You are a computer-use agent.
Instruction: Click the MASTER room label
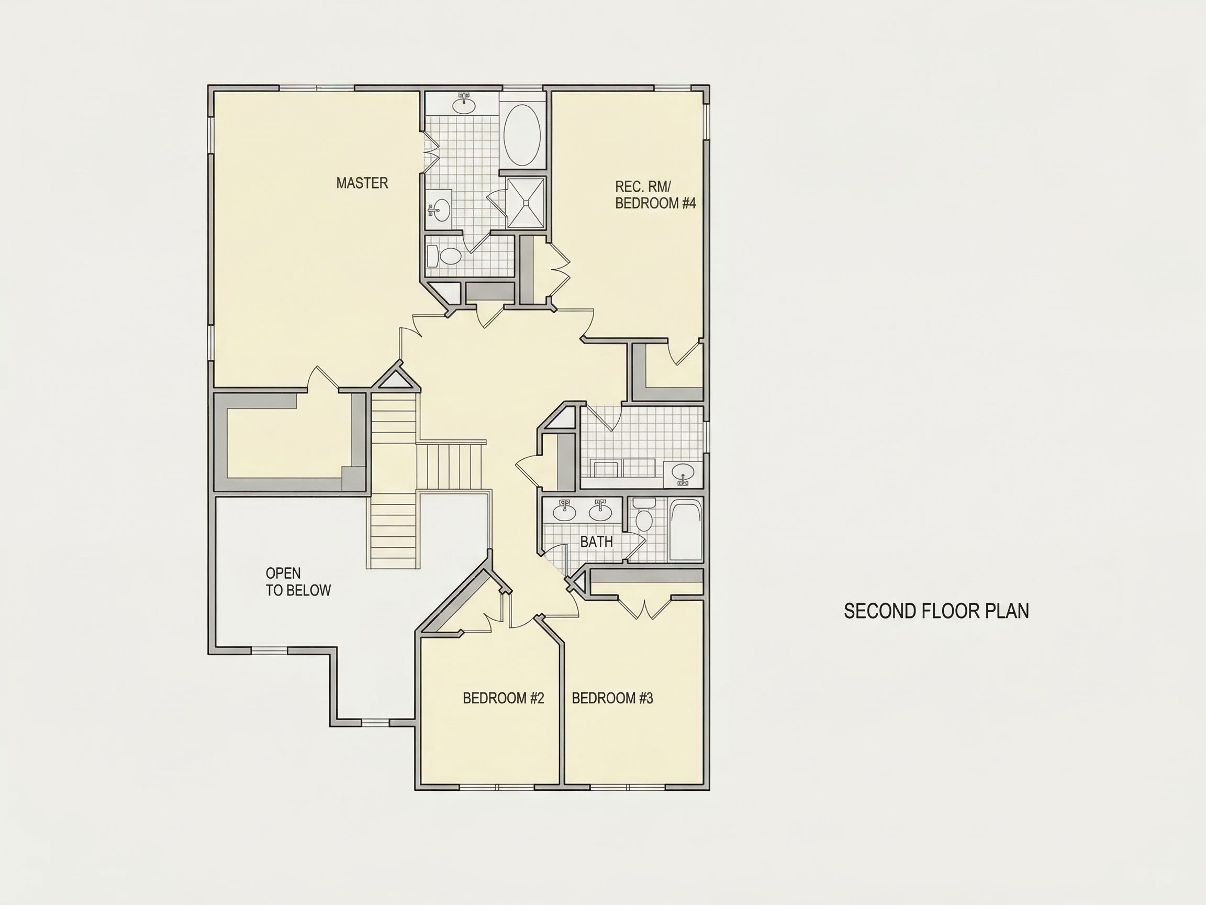click(362, 183)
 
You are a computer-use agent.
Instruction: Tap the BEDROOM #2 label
click(503, 698)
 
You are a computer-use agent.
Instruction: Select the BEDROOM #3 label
click(612, 698)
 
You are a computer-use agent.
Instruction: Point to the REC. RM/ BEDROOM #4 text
click(655, 195)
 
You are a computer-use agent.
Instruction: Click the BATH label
click(597, 542)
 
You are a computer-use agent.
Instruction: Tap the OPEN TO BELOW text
click(298, 581)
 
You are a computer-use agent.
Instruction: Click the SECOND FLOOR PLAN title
click(936, 611)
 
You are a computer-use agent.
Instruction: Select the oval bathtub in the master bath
click(522, 135)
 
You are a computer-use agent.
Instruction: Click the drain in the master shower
click(526, 202)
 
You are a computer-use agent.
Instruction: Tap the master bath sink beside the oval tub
click(464, 104)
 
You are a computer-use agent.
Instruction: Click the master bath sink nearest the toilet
click(438, 209)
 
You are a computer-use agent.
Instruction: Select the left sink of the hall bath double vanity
click(564, 510)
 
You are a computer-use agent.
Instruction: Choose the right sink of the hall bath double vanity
click(600, 510)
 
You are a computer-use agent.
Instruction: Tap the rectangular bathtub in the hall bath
click(685, 529)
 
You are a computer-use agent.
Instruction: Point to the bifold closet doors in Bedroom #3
click(644, 609)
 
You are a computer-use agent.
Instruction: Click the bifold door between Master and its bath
click(431, 152)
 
